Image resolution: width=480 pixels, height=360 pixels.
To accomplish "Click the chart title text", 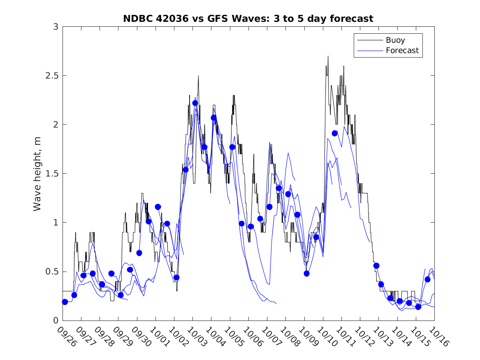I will (248, 19).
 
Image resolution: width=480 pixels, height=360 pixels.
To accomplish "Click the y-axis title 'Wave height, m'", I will (37, 173).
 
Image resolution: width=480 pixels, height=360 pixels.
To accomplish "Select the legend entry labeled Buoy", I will (395, 40).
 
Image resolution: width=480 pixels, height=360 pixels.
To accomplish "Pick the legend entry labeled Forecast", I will (402, 51).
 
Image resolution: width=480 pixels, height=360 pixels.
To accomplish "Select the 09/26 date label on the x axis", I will (67, 336).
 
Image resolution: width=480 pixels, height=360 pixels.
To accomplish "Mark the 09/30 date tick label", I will (141, 336).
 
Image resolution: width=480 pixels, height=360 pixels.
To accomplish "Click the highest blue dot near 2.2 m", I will (195, 103).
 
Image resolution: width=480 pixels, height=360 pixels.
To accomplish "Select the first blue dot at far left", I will (65, 302).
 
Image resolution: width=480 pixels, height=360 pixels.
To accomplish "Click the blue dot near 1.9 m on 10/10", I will (334, 133).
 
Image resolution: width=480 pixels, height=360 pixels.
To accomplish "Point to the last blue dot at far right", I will (427, 279).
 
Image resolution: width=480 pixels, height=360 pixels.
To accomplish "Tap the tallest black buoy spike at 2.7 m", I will (328, 57).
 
